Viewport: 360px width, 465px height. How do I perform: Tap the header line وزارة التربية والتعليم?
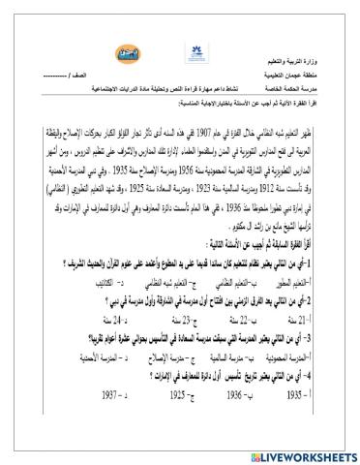click(309, 60)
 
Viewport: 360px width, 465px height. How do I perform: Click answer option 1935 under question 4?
click(333, 395)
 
